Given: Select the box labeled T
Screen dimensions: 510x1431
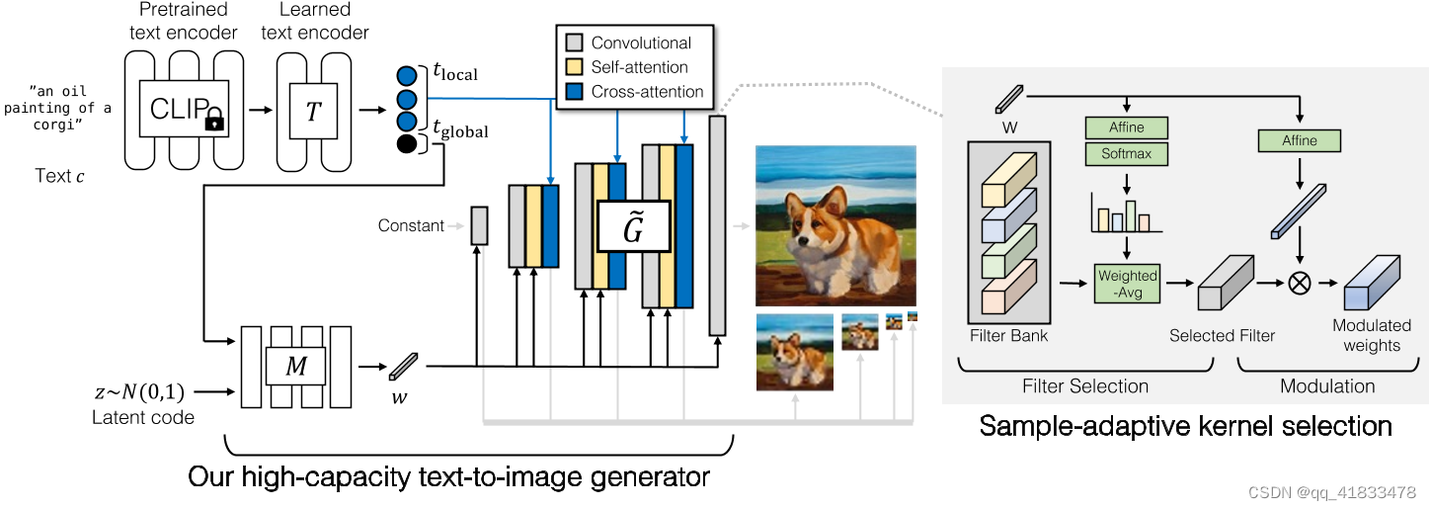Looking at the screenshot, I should point(313,111).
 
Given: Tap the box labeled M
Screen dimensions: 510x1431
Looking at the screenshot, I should point(297,367).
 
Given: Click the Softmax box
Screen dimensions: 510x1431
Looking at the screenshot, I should point(1126,154).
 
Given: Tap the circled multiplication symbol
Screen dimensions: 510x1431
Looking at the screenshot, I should point(1300,283).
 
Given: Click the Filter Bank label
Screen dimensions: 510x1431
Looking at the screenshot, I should point(1009,336).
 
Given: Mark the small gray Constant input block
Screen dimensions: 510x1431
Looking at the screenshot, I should point(479,225).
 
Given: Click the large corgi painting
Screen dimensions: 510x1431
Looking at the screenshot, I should point(836,225).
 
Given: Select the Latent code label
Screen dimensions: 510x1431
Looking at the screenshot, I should point(143,417).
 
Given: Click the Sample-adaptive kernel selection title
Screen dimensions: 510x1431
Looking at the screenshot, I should point(1185,427).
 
